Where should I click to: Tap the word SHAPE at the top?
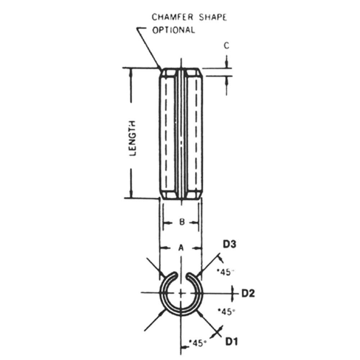pyautogui.click(x=213, y=17)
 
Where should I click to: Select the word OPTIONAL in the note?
pyautogui.click(x=174, y=30)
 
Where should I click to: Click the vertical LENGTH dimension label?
pyautogui.click(x=132, y=139)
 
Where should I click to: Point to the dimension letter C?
pyautogui.click(x=226, y=46)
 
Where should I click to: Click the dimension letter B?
pyautogui.click(x=181, y=222)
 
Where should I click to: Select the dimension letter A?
pyautogui.click(x=181, y=248)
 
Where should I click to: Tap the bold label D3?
pyautogui.click(x=230, y=244)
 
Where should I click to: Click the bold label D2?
pyautogui.click(x=248, y=293)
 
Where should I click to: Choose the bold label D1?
pyautogui.click(x=231, y=342)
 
